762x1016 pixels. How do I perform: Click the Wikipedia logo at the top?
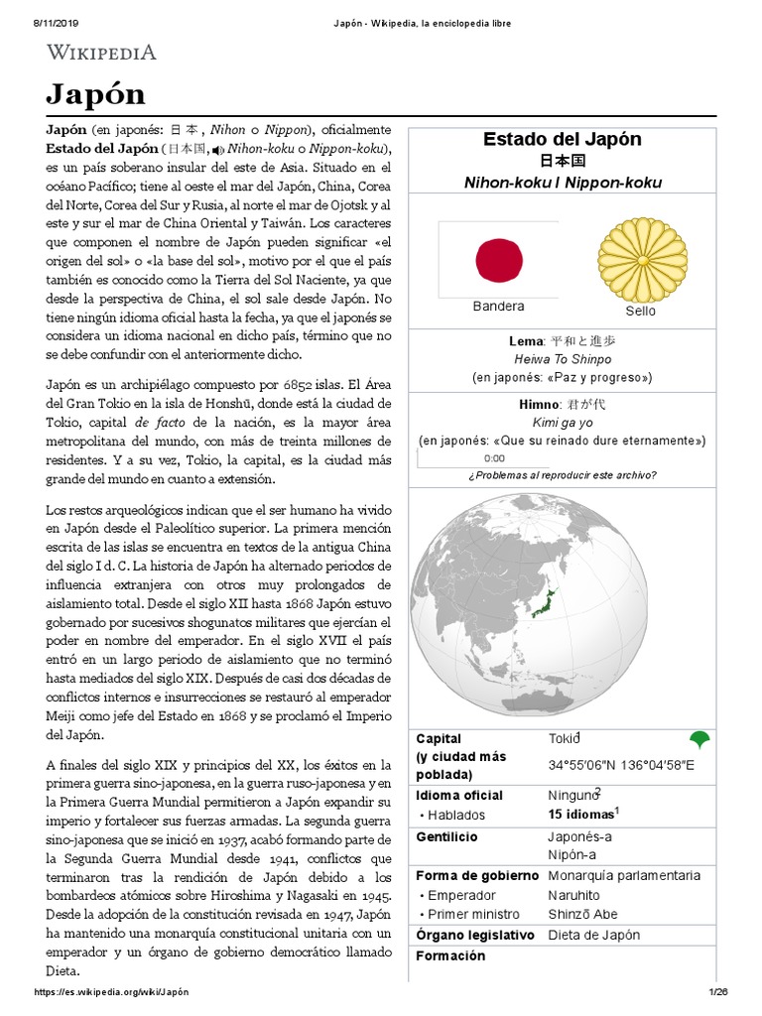click(102, 53)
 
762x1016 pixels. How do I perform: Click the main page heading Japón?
click(95, 94)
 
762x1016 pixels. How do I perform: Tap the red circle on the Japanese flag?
click(499, 260)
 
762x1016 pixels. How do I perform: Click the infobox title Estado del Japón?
click(562, 139)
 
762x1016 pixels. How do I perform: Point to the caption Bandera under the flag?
click(498, 307)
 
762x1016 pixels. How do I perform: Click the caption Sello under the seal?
click(640, 311)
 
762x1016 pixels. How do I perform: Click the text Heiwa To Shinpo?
click(562, 359)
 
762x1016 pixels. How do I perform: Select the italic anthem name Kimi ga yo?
click(562, 422)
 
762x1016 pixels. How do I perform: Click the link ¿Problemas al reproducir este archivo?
click(562, 475)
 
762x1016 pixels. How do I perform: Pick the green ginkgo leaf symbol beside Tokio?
click(699, 739)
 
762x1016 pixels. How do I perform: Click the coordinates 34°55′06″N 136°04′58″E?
click(621, 765)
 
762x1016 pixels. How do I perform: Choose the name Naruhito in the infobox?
click(575, 895)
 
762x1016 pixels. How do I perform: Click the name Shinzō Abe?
click(583, 914)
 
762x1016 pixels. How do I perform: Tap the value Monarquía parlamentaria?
click(624, 875)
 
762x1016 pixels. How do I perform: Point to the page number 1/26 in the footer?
click(718, 992)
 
